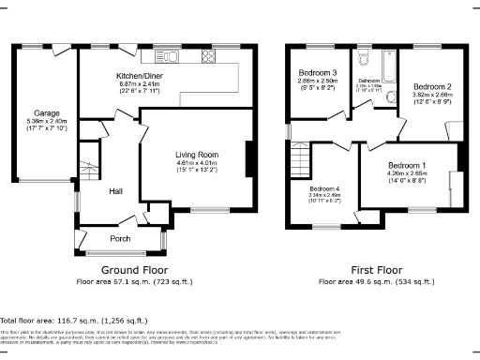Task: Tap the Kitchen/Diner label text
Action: pos(147,75)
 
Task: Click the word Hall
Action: pos(116,191)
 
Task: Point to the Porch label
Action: pos(121,238)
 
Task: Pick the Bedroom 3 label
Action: pos(318,73)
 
